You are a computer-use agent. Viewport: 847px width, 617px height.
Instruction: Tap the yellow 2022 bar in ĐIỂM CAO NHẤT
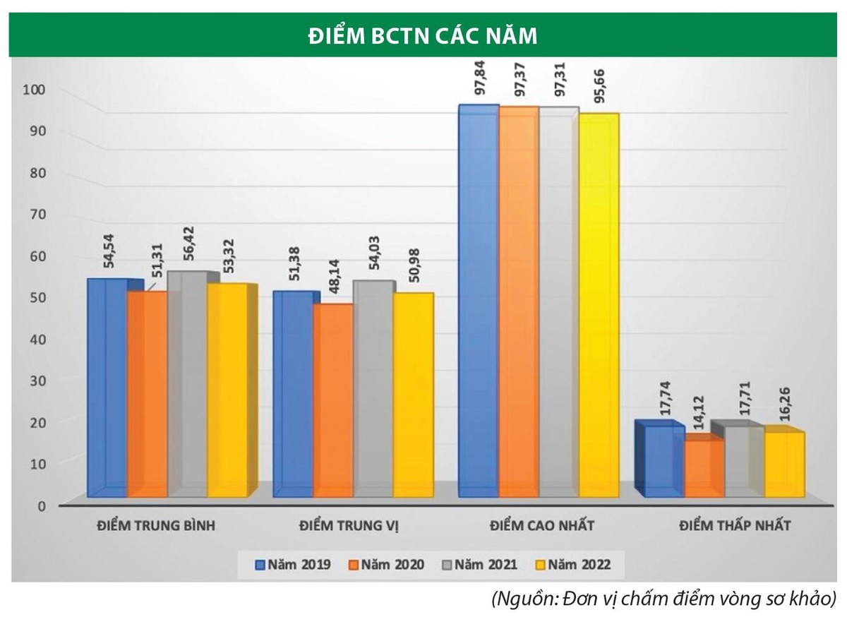(599, 304)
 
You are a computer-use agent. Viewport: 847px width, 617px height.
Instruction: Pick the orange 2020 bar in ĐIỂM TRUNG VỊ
(333, 399)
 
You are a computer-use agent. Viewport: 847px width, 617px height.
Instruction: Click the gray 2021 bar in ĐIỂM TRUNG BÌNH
(188, 385)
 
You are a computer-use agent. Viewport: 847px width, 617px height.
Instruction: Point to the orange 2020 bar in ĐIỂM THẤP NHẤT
(704, 466)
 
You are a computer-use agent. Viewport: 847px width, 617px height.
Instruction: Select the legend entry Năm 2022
(572, 564)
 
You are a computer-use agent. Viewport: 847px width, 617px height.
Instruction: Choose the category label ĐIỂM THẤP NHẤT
(735, 526)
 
